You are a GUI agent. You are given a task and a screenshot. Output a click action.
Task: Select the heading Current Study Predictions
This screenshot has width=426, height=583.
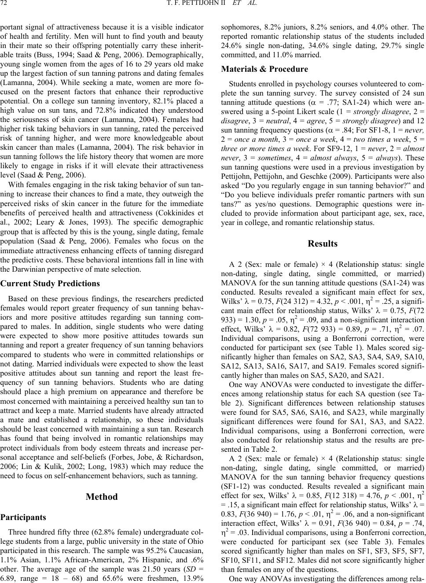click(50, 284)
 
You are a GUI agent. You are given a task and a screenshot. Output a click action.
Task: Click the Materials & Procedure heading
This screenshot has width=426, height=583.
click(264, 69)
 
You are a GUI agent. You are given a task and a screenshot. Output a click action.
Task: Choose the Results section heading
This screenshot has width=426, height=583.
click(323, 244)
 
